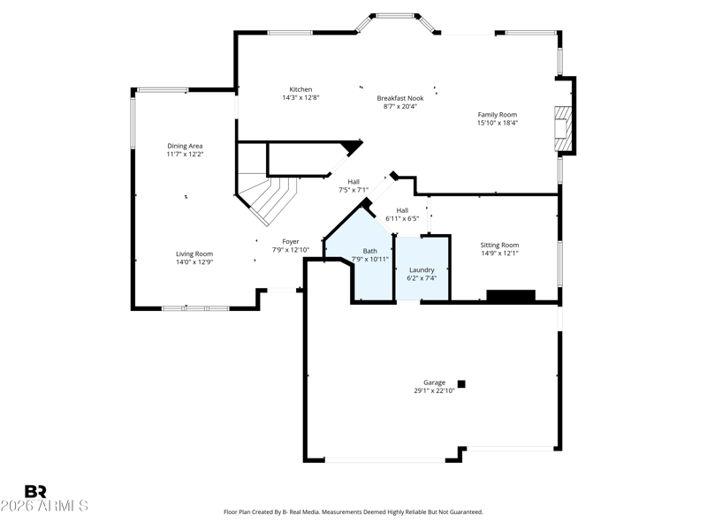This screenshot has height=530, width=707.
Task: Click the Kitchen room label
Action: click(x=300, y=89)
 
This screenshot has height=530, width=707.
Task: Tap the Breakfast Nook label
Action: click(x=400, y=98)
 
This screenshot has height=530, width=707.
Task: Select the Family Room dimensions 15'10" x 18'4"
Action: click(x=498, y=123)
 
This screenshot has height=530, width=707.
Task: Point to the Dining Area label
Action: click(x=185, y=146)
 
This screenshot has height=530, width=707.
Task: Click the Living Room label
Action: click(x=194, y=254)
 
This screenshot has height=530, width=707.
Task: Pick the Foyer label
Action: click(x=291, y=241)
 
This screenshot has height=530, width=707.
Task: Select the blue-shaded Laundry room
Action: click(x=422, y=269)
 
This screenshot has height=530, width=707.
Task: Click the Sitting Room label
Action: click(x=499, y=246)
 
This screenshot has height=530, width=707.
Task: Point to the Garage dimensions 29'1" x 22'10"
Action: click(x=434, y=390)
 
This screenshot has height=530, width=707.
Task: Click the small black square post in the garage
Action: click(x=461, y=384)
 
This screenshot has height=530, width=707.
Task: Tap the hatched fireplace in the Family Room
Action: click(x=563, y=128)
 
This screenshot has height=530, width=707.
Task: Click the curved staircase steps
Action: click(x=270, y=198)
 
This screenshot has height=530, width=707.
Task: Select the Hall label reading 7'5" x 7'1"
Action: click(x=353, y=185)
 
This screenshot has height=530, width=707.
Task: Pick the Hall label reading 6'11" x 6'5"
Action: click(x=402, y=215)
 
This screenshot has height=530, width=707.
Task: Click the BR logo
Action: click(x=35, y=491)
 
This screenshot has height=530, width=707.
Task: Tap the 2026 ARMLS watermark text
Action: click(x=44, y=505)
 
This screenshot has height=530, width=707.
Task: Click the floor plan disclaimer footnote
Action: click(x=353, y=512)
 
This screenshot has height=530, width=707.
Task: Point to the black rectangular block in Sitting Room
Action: click(x=511, y=296)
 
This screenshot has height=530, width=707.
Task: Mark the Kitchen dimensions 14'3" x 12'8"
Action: click(x=300, y=97)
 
